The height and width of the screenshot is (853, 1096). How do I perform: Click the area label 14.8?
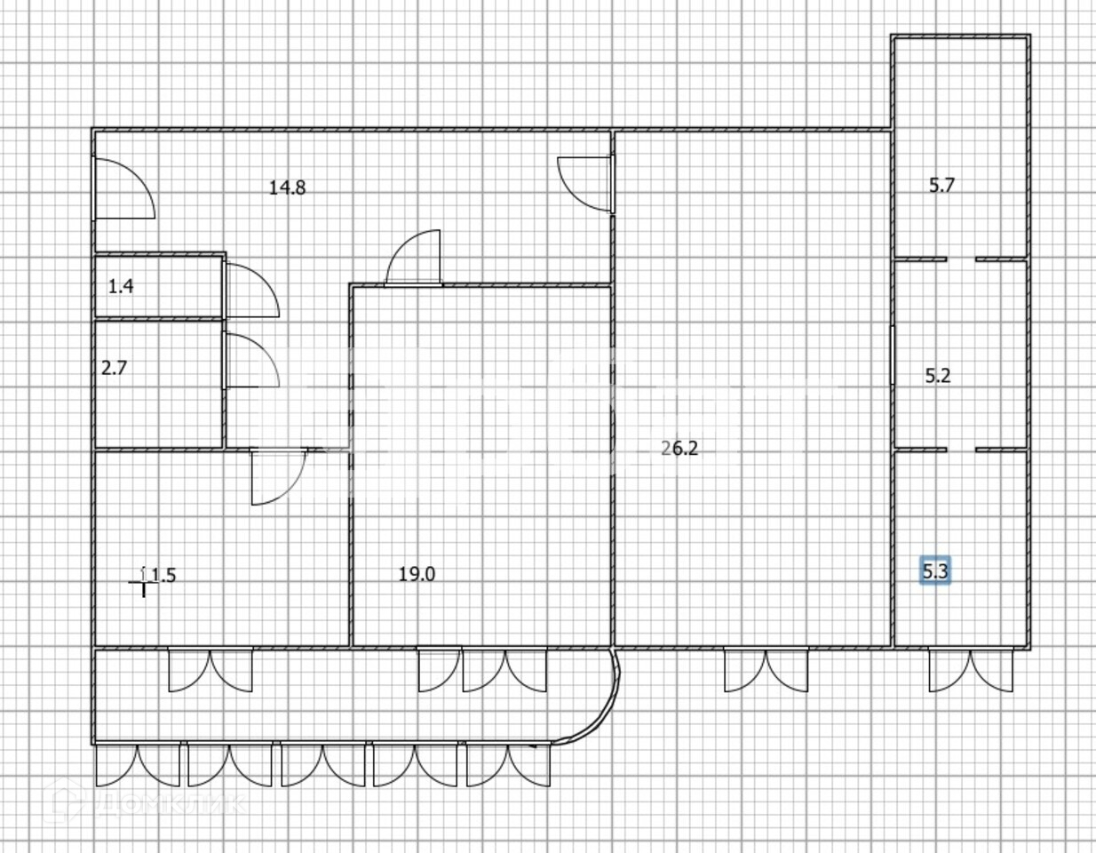288,187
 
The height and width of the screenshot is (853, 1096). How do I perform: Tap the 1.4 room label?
120,286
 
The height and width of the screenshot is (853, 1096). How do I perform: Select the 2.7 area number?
114,367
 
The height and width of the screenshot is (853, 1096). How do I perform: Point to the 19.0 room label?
416,574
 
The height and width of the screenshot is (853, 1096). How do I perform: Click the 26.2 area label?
680,449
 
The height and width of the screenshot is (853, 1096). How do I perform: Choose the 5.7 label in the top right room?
941,186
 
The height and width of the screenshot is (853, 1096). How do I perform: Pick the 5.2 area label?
937,376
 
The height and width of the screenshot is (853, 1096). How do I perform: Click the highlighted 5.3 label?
934,571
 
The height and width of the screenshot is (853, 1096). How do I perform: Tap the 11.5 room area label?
161,575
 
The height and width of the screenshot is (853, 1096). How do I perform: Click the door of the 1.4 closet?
250,290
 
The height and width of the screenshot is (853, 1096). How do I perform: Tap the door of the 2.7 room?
251,360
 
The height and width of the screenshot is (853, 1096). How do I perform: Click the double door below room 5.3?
972,671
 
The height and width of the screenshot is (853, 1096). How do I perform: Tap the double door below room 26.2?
766,671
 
